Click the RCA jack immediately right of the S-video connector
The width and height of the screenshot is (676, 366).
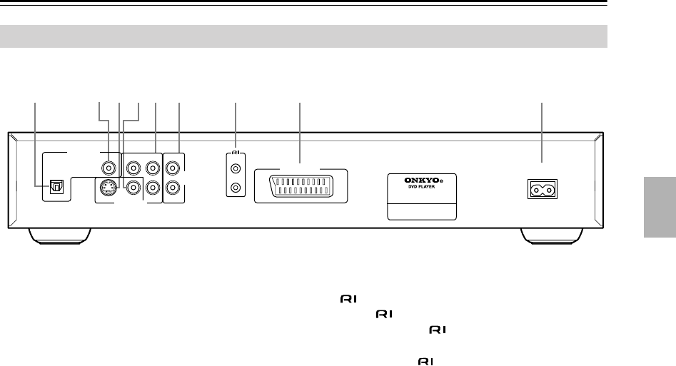coord(132,188)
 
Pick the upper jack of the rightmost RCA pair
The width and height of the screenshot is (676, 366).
coord(173,170)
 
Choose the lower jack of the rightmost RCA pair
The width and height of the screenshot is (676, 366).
coord(173,189)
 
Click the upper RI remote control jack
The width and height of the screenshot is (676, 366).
coord(236,171)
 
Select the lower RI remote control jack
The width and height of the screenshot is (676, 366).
coord(236,190)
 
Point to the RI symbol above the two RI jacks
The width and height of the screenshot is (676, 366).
coord(236,152)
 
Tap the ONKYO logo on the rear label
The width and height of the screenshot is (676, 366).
coord(421,181)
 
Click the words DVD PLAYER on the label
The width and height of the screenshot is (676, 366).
coord(421,189)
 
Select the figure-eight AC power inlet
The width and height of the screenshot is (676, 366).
coord(542,190)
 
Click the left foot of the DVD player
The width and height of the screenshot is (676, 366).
coord(60,236)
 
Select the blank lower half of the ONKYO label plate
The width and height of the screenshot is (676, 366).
coord(421,210)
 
